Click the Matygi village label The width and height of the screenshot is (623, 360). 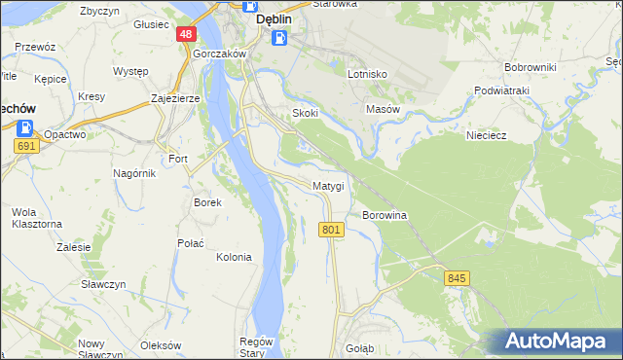(x=328, y=185)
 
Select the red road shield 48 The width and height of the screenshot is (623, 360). (x=186, y=34)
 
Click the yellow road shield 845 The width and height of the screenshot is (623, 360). (x=458, y=278)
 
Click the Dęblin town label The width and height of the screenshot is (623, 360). (x=275, y=18)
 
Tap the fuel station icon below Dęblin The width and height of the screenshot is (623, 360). (x=279, y=38)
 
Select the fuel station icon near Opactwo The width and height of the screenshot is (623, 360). (x=25, y=127)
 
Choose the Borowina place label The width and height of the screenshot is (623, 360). (x=384, y=214)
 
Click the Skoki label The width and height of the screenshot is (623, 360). (x=306, y=113)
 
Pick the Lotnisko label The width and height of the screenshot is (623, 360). (x=368, y=74)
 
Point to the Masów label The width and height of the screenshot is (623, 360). (x=383, y=109)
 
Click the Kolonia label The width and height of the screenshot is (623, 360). (x=234, y=257)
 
